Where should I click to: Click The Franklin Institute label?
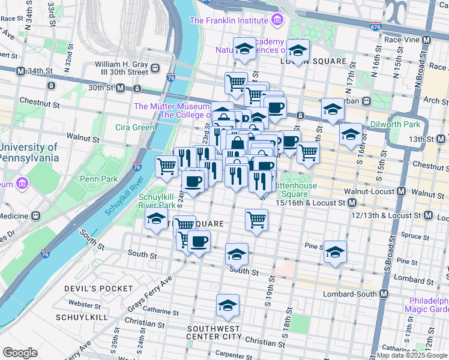pyautogui.click(x=229, y=20)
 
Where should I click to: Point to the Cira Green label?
pyautogui.click(x=135, y=127)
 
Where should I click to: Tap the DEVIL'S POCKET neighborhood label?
pyautogui.click(x=98, y=289)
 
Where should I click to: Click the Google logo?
pyautogui.click(x=20, y=353)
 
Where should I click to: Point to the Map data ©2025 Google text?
pyautogui.click(x=412, y=355)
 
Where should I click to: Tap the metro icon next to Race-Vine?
pyautogui.click(x=427, y=40)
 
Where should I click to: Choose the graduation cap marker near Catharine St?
pyautogui.click(x=228, y=307)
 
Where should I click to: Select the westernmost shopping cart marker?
pyautogui.click(x=166, y=166)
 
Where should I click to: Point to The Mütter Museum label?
pyautogui.click(x=171, y=106)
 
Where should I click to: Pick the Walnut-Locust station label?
pyautogui.click(x=369, y=193)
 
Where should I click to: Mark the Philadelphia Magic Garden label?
pyautogui.click(x=429, y=305)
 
